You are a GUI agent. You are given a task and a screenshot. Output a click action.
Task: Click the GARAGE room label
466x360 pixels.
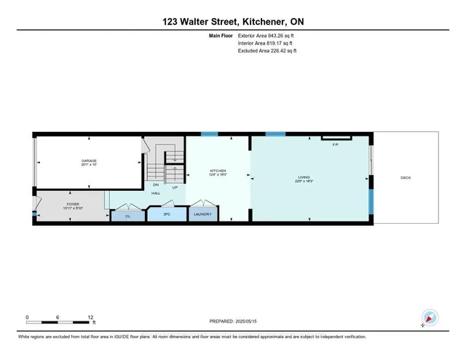click(x=89, y=162)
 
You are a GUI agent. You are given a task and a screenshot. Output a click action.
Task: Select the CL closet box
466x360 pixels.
click(x=127, y=216)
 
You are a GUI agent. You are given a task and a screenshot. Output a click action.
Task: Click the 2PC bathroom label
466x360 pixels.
click(x=166, y=216)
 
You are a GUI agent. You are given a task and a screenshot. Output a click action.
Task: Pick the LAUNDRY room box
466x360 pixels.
click(x=204, y=215)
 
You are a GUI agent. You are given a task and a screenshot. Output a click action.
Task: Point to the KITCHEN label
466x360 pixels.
click(x=218, y=172)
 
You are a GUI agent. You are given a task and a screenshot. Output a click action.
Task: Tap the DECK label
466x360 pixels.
click(x=405, y=178)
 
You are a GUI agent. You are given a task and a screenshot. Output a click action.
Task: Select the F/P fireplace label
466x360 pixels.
click(x=336, y=144)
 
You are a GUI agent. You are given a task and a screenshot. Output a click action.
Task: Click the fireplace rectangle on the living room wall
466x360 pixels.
click(x=336, y=137)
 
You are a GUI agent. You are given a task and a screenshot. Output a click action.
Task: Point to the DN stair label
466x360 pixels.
click(x=155, y=184)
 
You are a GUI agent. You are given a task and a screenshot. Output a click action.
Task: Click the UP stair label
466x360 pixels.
click(x=175, y=187)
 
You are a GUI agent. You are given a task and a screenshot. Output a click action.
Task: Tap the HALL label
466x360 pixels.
click(x=156, y=194)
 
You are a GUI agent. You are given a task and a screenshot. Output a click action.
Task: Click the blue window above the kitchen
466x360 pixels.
click(x=209, y=133)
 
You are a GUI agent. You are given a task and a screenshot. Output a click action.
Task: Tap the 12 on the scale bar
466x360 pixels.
click(x=90, y=318)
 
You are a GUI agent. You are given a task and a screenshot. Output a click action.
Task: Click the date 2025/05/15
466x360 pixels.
click(x=257, y=321)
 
